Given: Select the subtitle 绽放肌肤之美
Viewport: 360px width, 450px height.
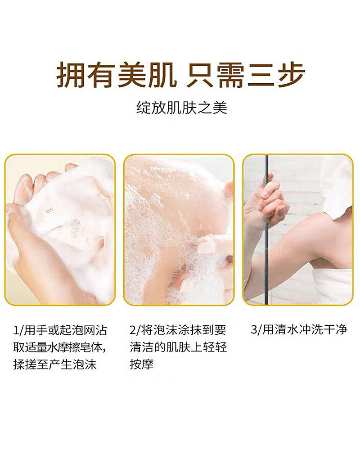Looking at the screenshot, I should tap(181, 108).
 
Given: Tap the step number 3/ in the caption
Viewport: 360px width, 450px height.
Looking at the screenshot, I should tap(255, 330).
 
